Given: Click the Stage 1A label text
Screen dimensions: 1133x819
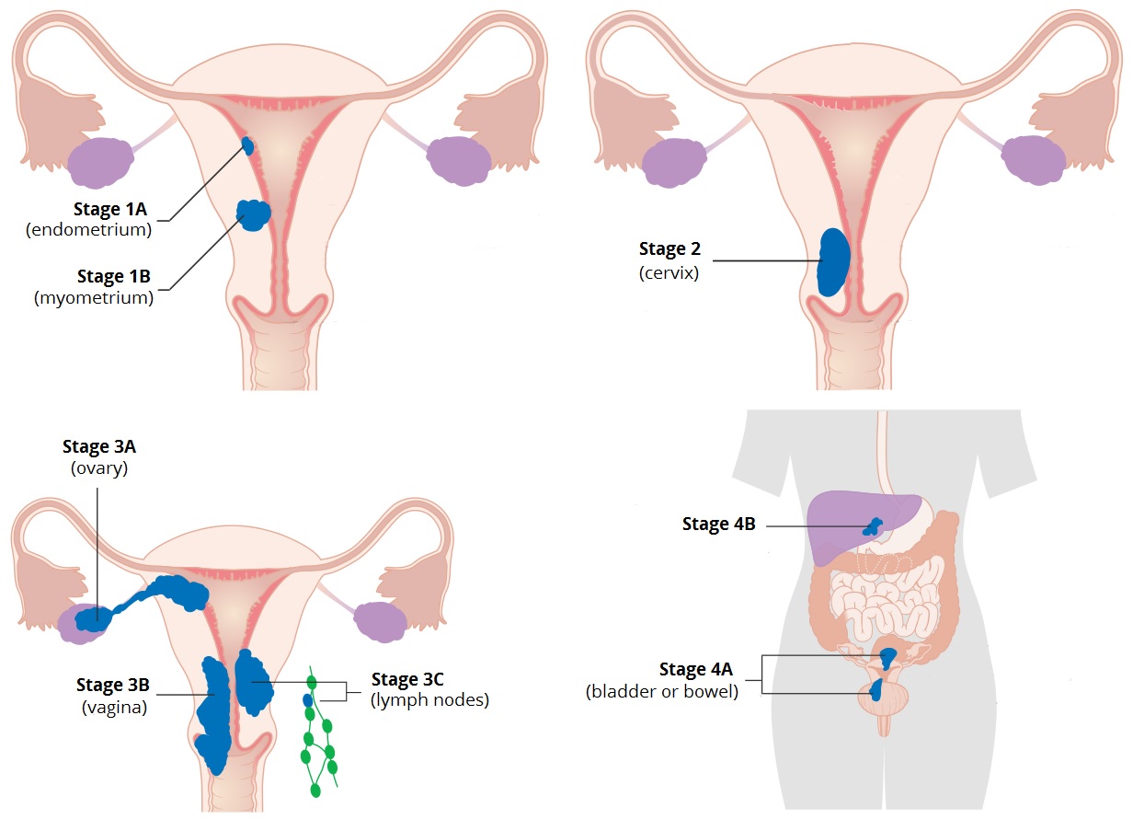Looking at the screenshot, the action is click(x=110, y=209).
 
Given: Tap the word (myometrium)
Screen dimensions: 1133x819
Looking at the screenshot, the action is click(x=94, y=297).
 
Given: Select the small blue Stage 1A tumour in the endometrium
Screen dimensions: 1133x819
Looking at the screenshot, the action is click(x=247, y=145).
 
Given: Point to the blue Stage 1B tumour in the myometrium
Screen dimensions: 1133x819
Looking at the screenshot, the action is click(x=254, y=215).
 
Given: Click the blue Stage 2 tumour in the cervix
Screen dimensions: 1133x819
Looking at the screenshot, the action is click(x=833, y=262).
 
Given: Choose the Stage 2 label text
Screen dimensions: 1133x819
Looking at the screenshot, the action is click(x=669, y=248).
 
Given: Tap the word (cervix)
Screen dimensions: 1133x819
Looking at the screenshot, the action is click(x=669, y=272).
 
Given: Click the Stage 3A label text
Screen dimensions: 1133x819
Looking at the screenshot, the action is click(x=99, y=446).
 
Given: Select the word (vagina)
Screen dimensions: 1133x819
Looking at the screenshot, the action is click(x=114, y=707).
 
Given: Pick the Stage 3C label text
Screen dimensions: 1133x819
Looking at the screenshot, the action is click(x=407, y=679).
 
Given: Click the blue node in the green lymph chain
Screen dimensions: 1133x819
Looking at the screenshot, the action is click(x=307, y=700).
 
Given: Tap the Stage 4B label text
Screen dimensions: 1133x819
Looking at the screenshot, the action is click(x=719, y=524).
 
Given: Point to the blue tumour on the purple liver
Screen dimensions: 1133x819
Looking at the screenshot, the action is click(x=873, y=526).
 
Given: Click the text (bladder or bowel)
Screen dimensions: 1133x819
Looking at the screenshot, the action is click(x=661, y=691).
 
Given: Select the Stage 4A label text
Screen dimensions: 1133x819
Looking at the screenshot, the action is click(x=695, y=669).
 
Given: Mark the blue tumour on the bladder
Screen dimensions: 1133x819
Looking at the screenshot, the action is click(x=876, y=690).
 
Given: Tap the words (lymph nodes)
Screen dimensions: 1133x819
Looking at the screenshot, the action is click(x=430, y=700).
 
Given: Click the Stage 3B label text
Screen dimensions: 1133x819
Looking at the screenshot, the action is click(x=113, y=685).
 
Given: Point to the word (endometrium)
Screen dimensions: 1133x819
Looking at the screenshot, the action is click(x=88, y=230).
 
